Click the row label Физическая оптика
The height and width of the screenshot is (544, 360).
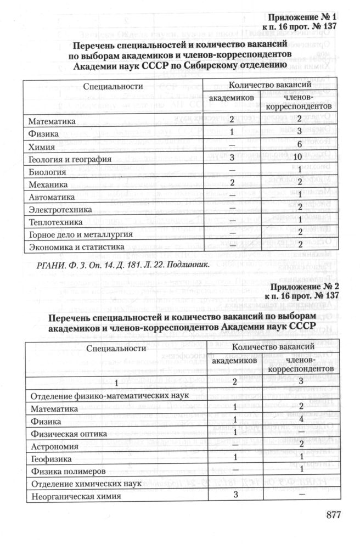[67, 434]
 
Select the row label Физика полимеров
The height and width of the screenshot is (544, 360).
[67, 471]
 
